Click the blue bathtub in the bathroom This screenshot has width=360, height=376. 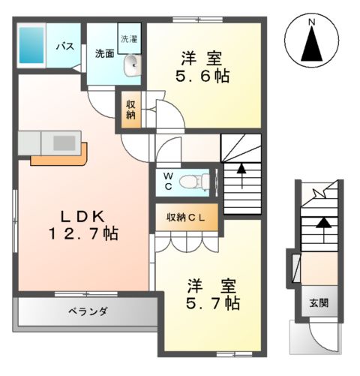coord(32,47)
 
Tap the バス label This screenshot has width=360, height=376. coord(66,47)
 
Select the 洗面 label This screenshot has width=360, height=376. coord(104,53)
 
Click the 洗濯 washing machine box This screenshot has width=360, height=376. coord(130,38)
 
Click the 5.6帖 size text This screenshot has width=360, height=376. coord(203,77)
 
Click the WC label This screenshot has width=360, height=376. coord(169,180)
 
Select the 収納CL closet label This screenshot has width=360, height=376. coord(191,218)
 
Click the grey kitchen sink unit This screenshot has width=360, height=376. coord(45,142)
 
